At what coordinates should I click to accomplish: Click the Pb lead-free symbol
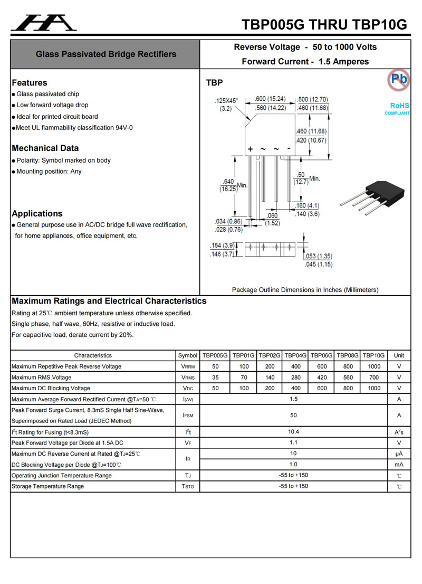click(398, 79)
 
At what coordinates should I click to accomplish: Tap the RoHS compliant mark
click(398, 109)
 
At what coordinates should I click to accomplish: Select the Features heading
click(30, 83)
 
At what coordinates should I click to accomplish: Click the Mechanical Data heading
click(45, 148)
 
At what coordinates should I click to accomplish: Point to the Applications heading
click(37, 214)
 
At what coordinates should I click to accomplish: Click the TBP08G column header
click(348, 355)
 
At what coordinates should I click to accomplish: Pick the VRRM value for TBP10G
click(373, 366)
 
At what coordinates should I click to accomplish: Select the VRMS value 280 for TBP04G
click(296, 378)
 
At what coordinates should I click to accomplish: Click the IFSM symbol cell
click(188, 416)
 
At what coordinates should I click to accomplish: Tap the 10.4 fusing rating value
click(294, 432)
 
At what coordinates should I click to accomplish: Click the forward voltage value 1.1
click(294, 443)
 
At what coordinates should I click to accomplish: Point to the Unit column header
click(399, 355)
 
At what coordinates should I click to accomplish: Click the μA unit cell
click(399, 454)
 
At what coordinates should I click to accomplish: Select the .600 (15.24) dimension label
click(270, 99)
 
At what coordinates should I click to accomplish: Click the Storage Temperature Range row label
click(47, 486)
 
